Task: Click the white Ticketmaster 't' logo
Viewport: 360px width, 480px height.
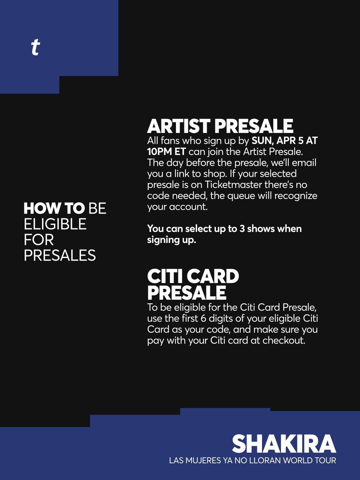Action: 35,47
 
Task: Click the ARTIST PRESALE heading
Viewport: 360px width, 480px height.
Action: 220,126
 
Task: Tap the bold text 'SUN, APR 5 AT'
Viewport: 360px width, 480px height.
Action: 285,141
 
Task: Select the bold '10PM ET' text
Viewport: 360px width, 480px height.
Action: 166,152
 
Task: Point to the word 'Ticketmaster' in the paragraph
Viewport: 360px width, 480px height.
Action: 233,185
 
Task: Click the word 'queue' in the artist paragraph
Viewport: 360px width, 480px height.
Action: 241,196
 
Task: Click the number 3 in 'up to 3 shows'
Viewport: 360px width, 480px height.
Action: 242,229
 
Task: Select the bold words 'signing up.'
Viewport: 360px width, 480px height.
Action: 171,240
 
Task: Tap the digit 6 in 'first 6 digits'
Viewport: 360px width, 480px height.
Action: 203,318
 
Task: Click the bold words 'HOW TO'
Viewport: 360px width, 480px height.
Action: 54,208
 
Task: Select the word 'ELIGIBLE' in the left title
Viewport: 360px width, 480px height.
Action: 55,224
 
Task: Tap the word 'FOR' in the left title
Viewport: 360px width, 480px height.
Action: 39,240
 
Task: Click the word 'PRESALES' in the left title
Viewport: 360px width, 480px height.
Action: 60,255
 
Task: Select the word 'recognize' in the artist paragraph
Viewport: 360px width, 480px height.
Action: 296,196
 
